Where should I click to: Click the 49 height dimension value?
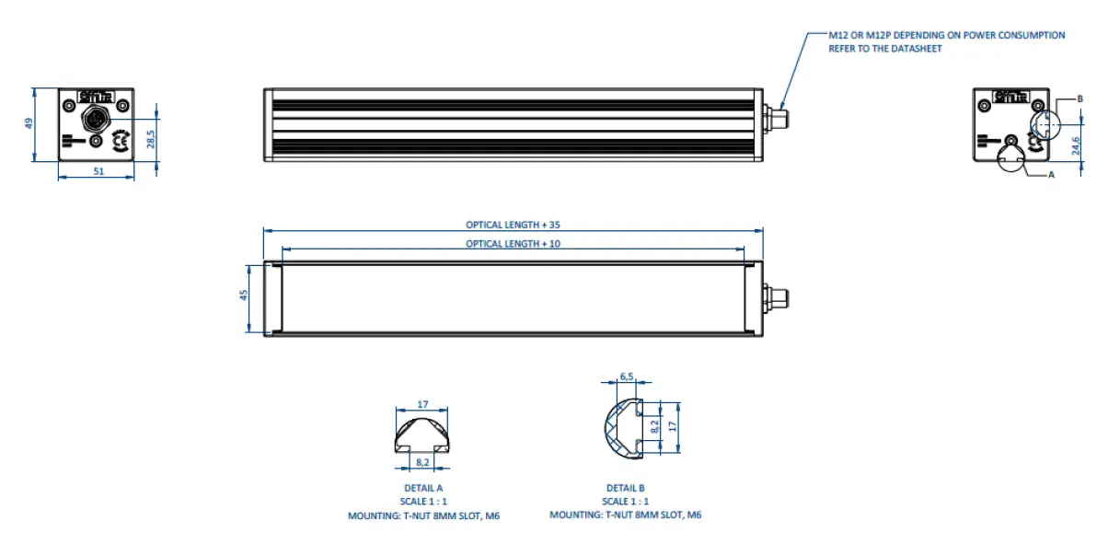coord(29,123)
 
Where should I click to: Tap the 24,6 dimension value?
coord(1077,145)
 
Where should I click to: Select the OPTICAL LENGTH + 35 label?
coord(513,225)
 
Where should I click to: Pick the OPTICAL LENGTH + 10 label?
coord(513,244)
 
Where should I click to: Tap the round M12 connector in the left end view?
coord(96,118)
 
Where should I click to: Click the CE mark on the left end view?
coord(120,142)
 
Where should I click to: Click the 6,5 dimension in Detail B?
coord(627,377)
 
